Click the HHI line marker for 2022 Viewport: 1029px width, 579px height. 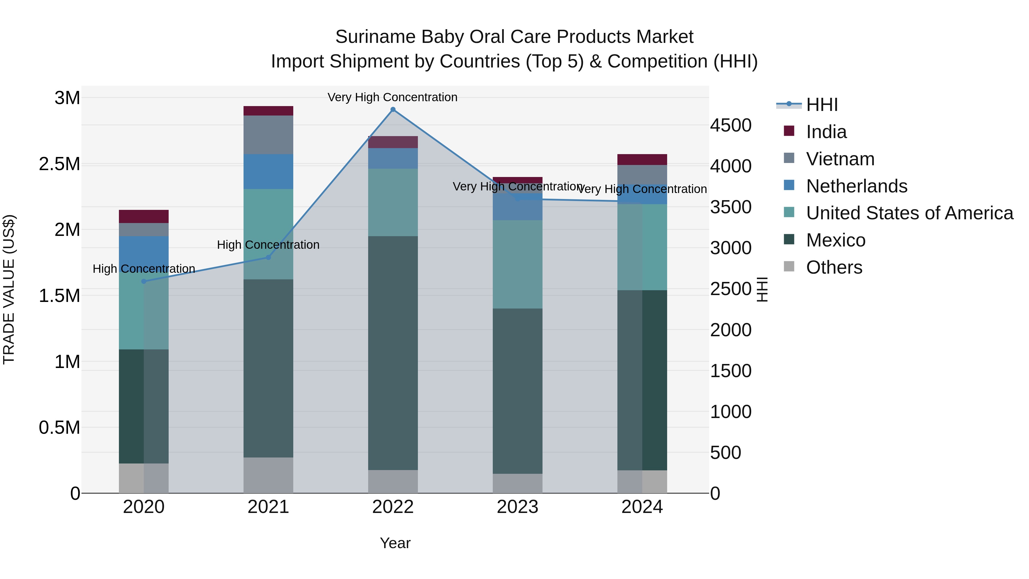pos(393,110)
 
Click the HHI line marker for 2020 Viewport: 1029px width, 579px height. pos(144,281)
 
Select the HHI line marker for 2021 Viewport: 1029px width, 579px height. pos(268,257)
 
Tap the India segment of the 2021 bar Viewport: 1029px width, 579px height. pos(268,111)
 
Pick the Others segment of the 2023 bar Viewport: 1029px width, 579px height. pos(517,483)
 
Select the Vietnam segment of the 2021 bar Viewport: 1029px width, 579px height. pos(268,135)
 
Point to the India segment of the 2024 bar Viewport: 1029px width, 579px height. pos(642,160)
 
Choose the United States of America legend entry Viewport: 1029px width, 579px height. pos(909,213)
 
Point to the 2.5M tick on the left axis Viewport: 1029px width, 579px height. pos(59,164)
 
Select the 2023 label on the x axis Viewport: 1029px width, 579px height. pos(517,507)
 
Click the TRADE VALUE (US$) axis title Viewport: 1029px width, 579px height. pos(9,289)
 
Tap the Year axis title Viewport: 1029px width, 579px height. pos(395,543)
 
